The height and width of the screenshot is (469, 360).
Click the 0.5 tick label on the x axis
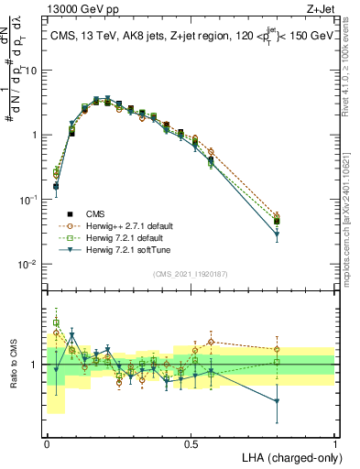pos(191,442)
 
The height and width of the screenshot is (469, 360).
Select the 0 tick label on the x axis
pos(47,442)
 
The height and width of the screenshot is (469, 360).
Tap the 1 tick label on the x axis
pos(334,442)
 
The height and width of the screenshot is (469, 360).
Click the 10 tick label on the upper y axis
pos(31,71)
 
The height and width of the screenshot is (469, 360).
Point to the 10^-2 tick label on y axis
pos(29,264)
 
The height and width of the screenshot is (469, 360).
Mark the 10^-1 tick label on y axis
pos(29,199)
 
